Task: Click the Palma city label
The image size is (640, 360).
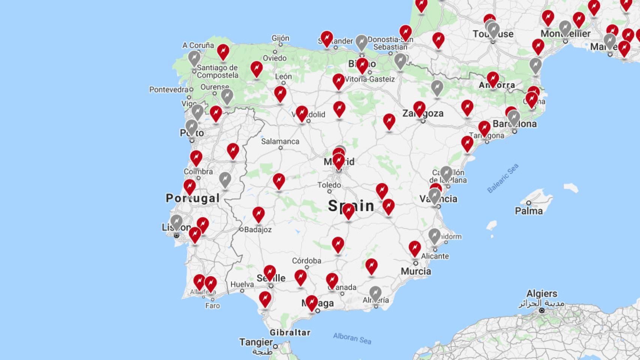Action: point(529,211)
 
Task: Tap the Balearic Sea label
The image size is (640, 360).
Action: point(503,178)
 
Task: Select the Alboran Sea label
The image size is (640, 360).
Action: point(352,338)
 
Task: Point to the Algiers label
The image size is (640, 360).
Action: point(542,294)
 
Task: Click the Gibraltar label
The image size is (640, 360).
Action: point(290,333)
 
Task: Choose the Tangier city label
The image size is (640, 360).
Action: point(256,342)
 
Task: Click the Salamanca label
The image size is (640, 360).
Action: point(280,141)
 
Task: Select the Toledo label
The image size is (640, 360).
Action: point(329,185)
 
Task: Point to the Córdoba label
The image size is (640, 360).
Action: point(306,261)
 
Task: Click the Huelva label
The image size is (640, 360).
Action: point(242,285)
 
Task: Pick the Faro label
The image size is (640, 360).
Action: point(212,306)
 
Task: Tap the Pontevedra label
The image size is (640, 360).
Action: point(168,90)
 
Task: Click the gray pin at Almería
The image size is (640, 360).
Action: point(375,293)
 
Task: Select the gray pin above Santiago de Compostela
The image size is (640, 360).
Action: point(194,58)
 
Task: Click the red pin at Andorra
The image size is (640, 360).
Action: point(493,79)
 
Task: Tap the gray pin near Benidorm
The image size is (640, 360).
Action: point(434,235)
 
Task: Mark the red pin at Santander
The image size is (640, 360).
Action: point(327,38)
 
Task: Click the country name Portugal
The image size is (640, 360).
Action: point(192,198)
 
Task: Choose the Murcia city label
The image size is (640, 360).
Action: point(416,271)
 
